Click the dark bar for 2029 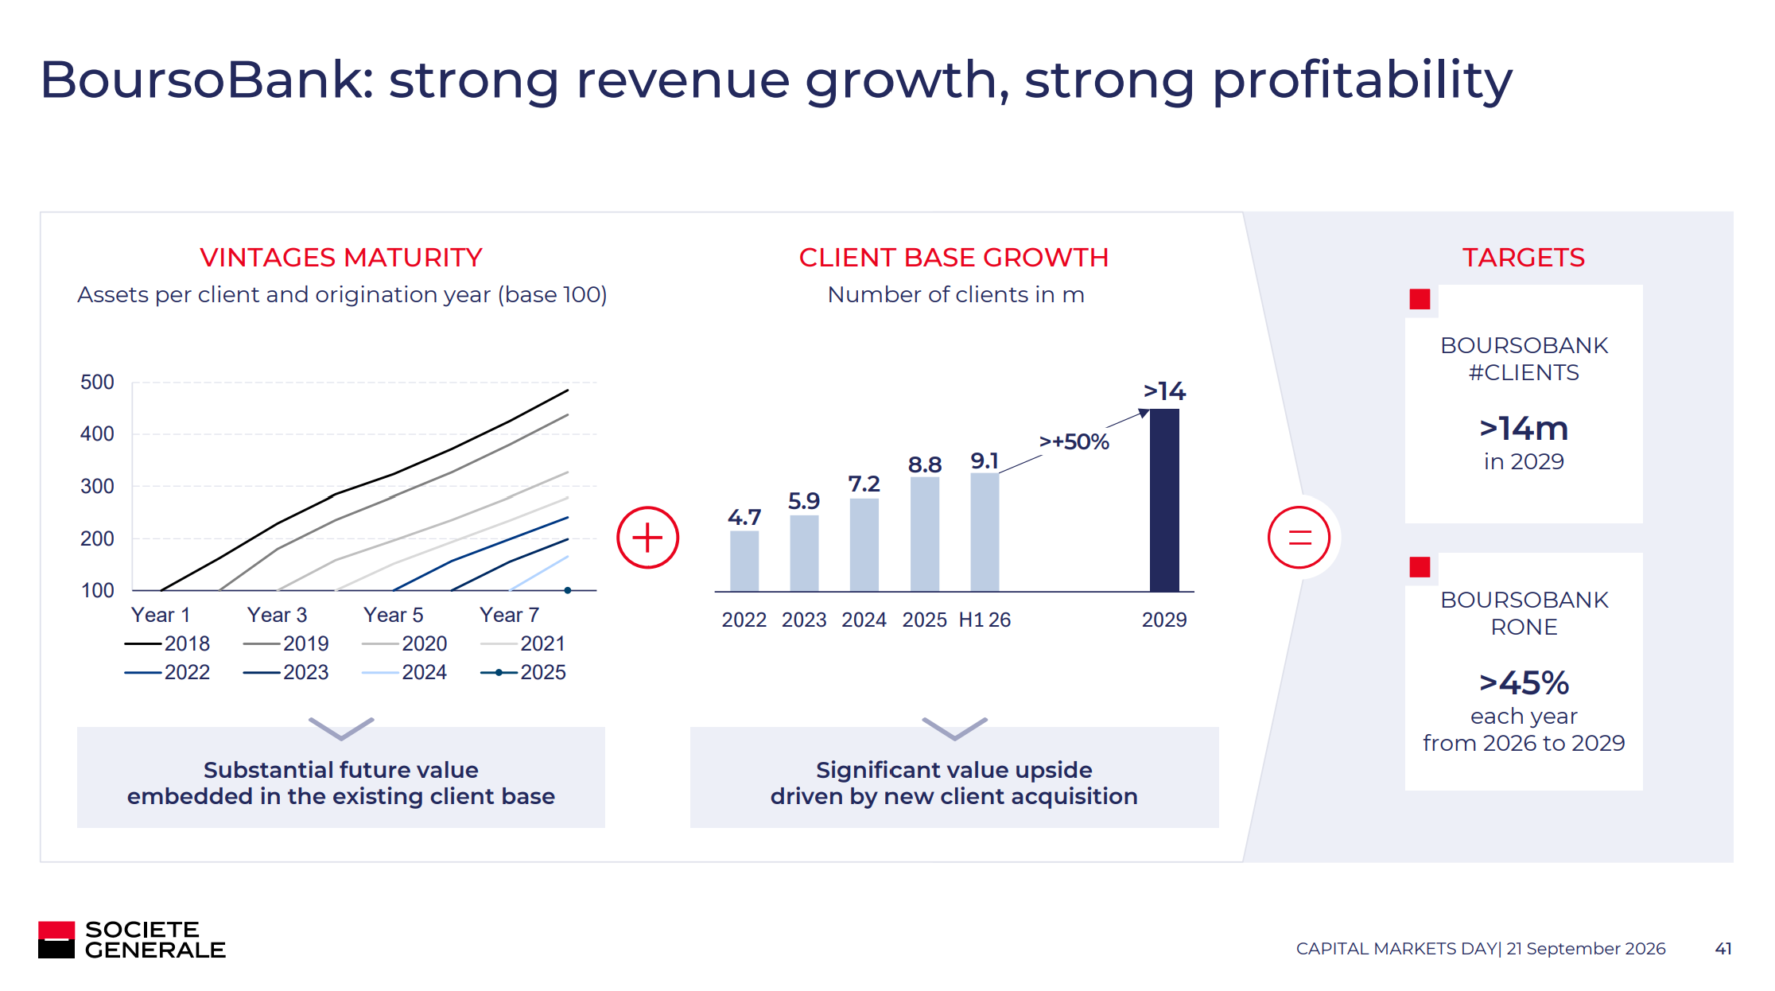coord(1164,500)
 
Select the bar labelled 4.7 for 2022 coord(744,561)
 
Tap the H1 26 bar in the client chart coord(985,532)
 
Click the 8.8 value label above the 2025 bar coord(925,464)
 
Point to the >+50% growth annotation coord(1074,441)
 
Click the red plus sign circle coord(647,538)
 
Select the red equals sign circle coord(1299,538)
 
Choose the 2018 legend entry coord(167,643)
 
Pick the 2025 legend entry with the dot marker coord(523,672)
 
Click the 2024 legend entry coord(404,672)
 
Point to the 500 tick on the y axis coord(97,383)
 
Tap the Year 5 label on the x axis coord(394,615)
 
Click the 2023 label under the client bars coord(804,620)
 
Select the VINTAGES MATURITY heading coord(341,258)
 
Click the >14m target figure coord(1524,429)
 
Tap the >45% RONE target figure coord(1524,682)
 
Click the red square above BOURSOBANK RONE coord(1420,567)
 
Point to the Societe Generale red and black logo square coord(56,939)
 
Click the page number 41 coord(1723,948)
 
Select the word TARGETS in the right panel coord(1524,258)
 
